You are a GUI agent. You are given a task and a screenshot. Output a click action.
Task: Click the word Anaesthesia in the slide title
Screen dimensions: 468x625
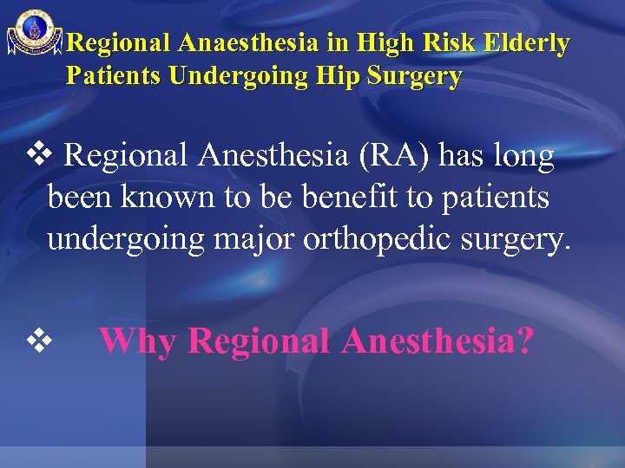[x=253, y=43]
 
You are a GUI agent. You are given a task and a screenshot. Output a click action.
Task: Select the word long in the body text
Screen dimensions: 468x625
[x=523, y=157]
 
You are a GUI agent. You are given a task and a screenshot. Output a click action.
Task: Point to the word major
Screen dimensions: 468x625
[x=253, y=238]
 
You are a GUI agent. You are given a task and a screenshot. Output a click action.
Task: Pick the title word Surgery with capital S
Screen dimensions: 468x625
[x=415, y=76]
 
